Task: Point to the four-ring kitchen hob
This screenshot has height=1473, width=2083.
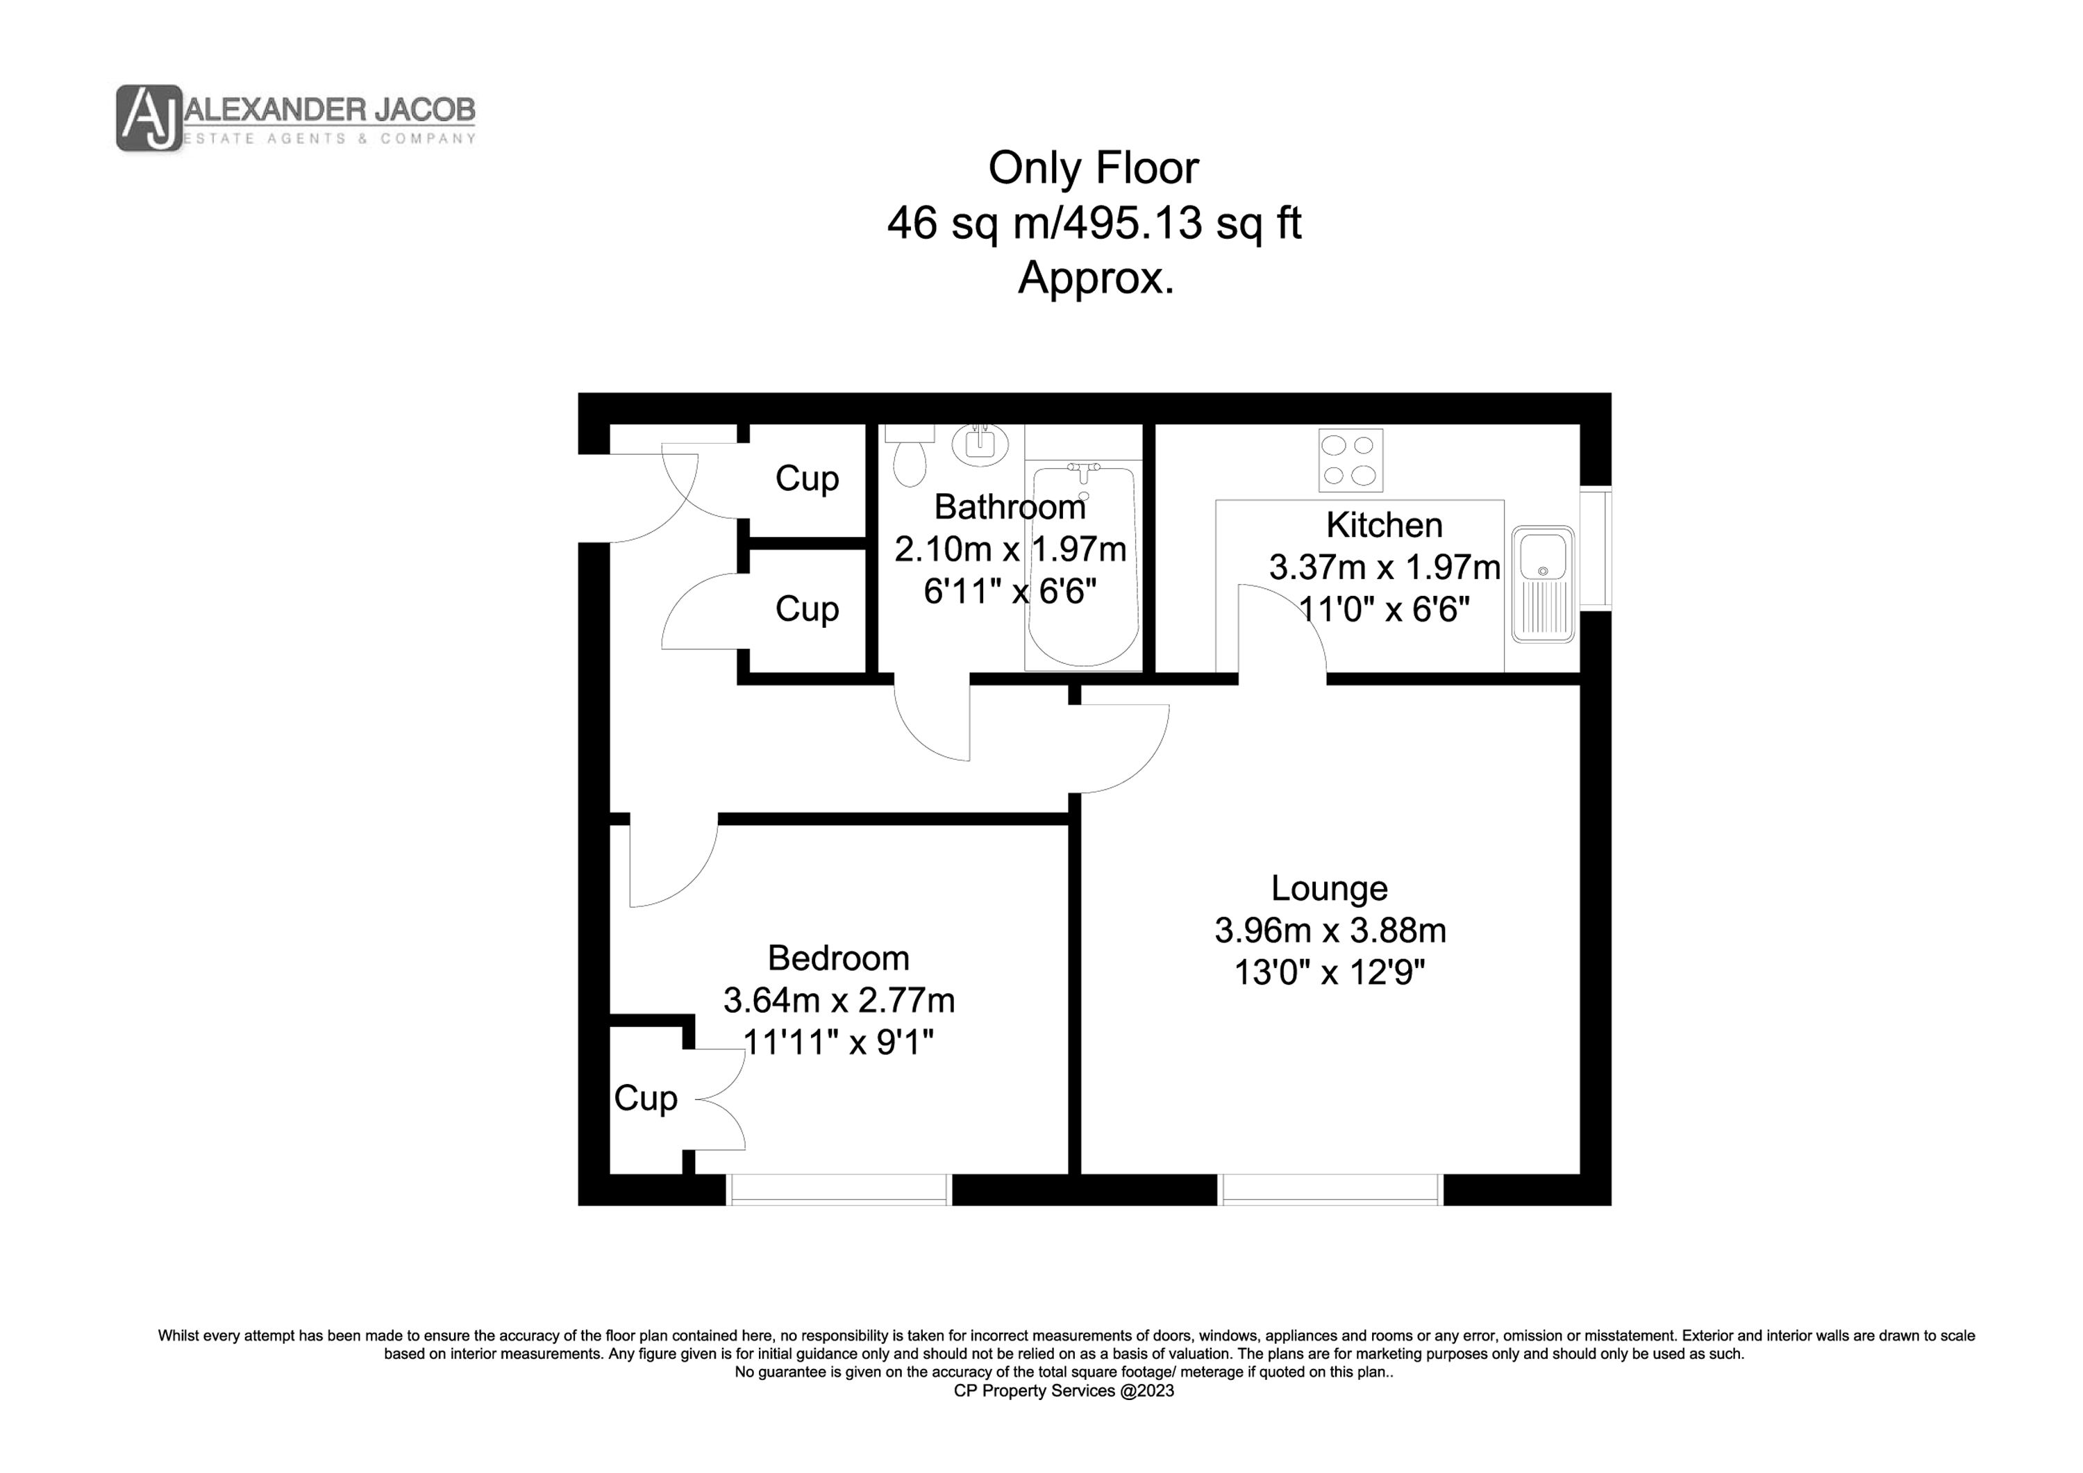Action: [1350, 460]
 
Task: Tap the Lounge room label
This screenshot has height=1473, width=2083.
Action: [1329, 888]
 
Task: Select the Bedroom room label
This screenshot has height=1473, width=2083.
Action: [838, 958]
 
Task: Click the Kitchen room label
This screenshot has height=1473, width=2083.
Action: [1385, 524]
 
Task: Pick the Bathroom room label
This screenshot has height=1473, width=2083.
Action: [1010, 506]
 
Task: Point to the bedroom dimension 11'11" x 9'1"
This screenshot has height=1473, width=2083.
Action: [838, 1042]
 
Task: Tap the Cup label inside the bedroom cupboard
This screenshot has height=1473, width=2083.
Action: [646, 1098]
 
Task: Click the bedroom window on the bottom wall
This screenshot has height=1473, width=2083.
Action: [839, 1189]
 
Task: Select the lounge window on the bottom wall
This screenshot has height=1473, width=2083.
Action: [1331, 1189]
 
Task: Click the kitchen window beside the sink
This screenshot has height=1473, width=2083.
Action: [1596, 548]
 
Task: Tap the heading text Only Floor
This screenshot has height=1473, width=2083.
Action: [1093, 168]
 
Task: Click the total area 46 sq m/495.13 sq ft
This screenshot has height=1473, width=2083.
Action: [1094, 223]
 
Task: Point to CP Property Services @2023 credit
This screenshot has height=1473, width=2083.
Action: [1063, 1390]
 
